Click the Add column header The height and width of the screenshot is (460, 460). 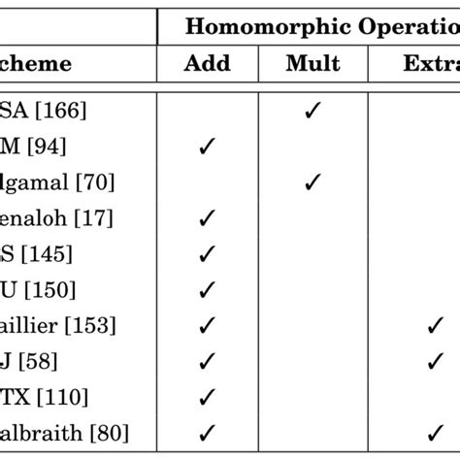tap(208, 64)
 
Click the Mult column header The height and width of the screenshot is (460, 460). tap(312, 64)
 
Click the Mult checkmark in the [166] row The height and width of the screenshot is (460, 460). tap(312, 111)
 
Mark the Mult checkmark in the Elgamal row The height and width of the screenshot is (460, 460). tap(312, 182)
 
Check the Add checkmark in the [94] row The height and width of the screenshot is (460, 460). tap(206, 147)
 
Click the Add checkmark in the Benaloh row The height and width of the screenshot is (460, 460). tap(206, 218)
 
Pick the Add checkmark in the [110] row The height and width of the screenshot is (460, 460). tap(206, 398)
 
